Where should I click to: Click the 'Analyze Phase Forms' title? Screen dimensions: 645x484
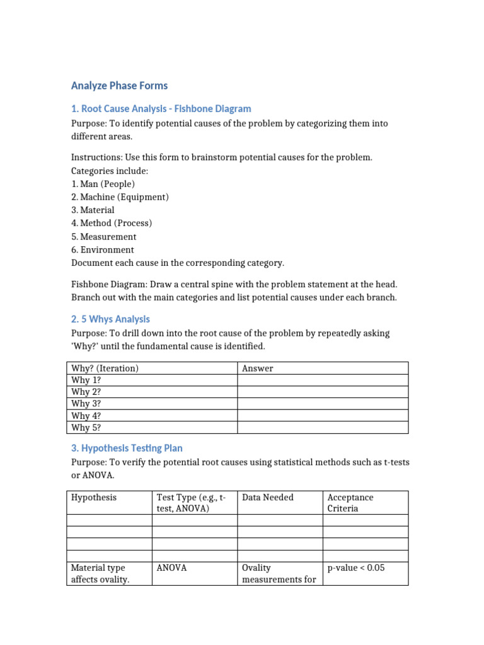click(120, 85)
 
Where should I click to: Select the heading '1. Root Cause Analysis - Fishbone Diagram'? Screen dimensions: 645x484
click(161, 108)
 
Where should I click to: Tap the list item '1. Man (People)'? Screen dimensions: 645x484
click(103, 184)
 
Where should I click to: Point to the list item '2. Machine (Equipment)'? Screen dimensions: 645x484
click(120, 197)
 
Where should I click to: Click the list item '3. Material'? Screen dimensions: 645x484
click(93, 210)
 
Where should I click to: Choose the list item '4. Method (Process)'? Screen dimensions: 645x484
click(112, 223)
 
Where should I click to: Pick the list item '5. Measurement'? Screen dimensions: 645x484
click(103, 237)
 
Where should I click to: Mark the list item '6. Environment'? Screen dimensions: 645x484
click(102, 249)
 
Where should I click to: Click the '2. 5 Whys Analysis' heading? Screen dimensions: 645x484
click(110, 319)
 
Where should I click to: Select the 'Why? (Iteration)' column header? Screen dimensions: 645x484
click(105, 368)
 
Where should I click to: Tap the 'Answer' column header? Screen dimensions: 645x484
click(258, 368)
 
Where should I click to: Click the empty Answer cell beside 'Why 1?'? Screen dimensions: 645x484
click(322, 380)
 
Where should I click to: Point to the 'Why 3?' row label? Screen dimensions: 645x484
click(86, 404)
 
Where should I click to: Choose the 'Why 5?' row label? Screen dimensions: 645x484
click(86, 428)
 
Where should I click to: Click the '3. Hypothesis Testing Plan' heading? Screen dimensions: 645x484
click(127, 448)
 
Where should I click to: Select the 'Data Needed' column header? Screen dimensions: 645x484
click(268, 498)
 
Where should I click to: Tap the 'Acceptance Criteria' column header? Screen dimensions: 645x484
click(350, 503)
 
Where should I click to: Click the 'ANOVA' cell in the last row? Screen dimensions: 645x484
click(171, 568)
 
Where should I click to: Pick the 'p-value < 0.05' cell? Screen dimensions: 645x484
click(355, 568)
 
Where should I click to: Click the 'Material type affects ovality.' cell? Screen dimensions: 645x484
click(100, 573)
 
